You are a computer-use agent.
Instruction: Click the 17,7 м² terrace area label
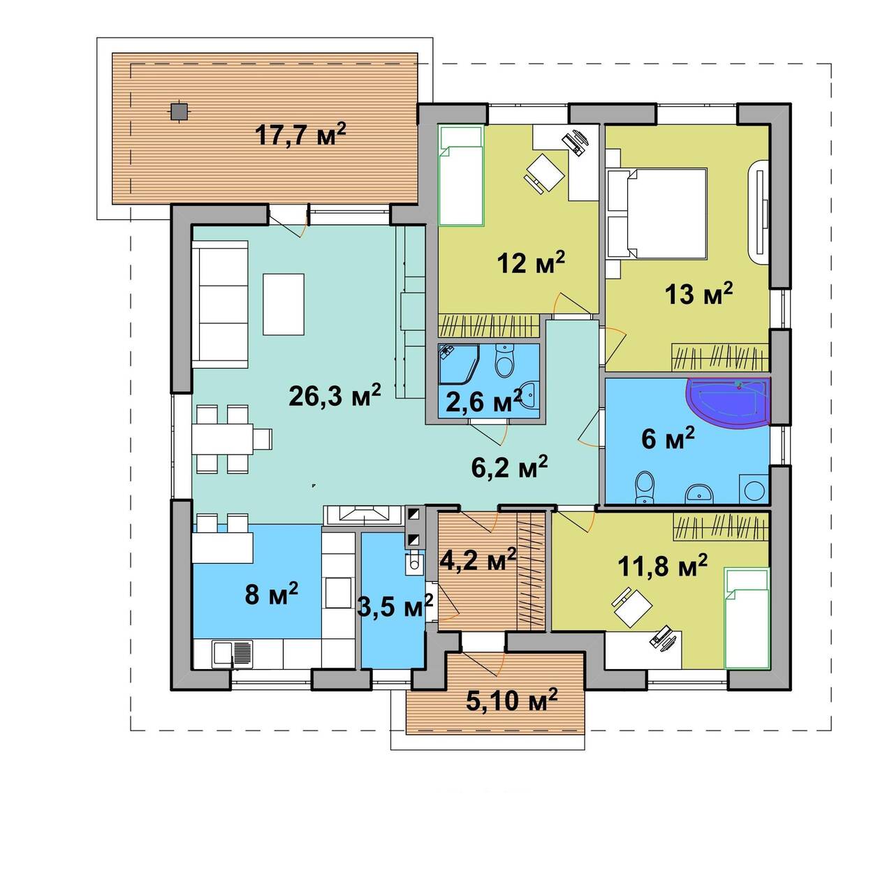click(x=300, y=135)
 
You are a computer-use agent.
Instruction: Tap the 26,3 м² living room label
click(x=335, y=396)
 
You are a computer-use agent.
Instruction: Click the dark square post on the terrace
click(x=177, y=110)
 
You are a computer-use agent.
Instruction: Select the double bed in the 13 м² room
click(x=667, y=214)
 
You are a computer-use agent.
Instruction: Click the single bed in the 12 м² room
click(x=462, y=176)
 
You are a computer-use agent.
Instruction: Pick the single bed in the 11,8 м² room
click(x=747, y=618)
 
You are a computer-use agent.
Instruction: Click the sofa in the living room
click(x=220, y=305)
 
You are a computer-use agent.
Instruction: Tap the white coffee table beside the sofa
click(x=284, y=304)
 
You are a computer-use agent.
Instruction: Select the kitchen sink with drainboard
click(x=233, y=654)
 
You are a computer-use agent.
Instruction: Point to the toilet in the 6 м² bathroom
click(x=644, y=488)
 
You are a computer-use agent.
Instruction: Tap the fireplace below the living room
click(x=363, y=514)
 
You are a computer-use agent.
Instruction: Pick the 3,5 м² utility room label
click(x=395, y=605)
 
